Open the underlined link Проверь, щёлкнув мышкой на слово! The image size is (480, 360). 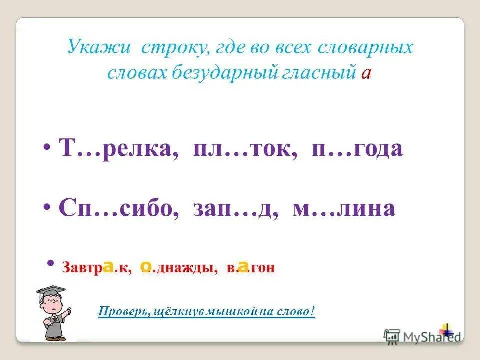[x=207, y=312]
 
